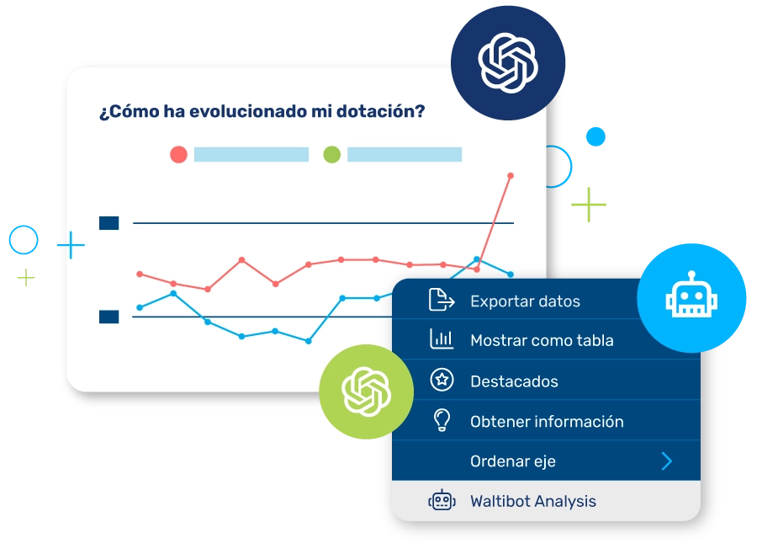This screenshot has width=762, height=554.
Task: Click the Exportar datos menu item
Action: (525, 301)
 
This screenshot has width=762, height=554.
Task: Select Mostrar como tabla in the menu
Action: (542, 340)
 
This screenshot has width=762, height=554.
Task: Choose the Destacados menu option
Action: (514, 381)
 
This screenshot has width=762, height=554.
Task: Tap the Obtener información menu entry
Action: (547, 421)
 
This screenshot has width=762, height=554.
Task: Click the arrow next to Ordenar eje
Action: (667, 461)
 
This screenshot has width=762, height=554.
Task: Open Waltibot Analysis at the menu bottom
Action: (533, 501)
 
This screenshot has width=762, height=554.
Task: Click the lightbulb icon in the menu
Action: (442, 420)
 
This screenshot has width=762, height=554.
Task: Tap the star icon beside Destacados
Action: (442, 380)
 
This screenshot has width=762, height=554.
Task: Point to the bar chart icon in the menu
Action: (442, 339)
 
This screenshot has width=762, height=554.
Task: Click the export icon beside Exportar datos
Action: (442, 299)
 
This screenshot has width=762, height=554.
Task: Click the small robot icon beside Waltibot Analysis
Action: (442, 500)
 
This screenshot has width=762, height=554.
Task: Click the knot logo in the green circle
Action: (367, 392)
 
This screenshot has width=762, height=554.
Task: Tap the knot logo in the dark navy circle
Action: (508, 63)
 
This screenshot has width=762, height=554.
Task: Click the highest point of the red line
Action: (511, 176)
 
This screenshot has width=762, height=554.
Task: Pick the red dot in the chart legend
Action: (179, 155)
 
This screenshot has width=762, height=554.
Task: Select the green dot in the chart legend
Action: (332, 155)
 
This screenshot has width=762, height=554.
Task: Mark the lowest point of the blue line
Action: (308, 342)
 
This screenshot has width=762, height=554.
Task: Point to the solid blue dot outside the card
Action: (595, 136)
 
